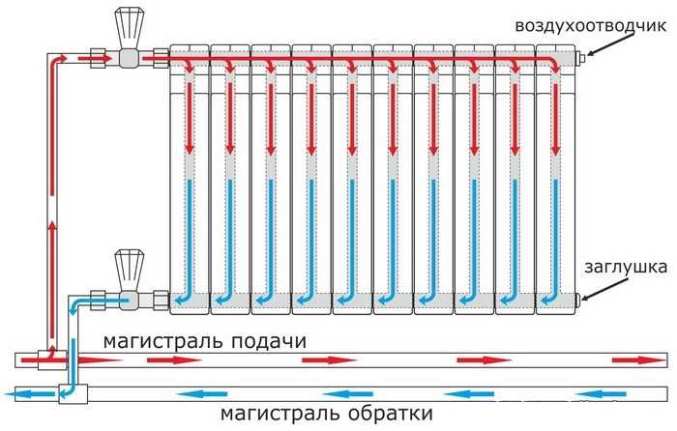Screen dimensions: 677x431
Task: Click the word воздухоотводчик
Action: [x=591, y=26]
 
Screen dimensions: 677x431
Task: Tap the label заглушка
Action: [x=626, y=267]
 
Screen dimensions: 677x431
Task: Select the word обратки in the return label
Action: [x=391, y=414]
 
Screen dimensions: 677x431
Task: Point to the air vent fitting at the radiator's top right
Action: [x=581, y=57]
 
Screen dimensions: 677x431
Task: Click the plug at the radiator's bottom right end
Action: [x=578, y=300]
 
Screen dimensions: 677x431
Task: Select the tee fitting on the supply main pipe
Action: [x=52, y=359]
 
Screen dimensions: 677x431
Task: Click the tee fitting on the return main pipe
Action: [x=73, y=394]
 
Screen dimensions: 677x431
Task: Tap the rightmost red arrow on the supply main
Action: [x=639, y=359]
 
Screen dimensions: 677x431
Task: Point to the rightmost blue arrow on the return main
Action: [x=601, y=394]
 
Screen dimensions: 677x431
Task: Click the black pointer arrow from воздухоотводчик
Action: [x=603, y=46]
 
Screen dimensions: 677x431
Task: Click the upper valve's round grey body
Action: [x=128, y=57]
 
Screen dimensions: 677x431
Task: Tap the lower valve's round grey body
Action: [x=128, y=299]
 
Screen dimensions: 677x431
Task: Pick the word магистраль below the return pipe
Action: [x=280, y=414]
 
